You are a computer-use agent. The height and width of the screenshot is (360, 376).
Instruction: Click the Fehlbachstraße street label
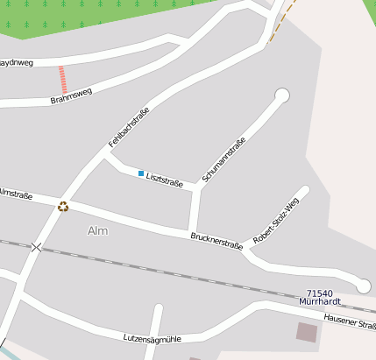(x=129, y=126)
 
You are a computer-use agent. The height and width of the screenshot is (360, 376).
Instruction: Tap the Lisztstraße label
(x=165, y=180)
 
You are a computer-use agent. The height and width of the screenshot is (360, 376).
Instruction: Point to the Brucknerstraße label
(x=216, y=241)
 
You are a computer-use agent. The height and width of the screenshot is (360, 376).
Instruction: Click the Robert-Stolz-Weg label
(x=275, y=220)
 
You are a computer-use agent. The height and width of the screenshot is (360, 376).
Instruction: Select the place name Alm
(x=98, y=230)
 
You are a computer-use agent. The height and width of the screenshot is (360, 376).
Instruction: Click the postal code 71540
(x=320, y=293)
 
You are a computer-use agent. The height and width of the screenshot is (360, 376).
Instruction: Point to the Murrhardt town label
(x=319, y=302)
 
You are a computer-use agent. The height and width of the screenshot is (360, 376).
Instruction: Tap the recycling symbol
(x=63, y=207)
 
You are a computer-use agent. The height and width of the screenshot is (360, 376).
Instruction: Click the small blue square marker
(x=140, y=173)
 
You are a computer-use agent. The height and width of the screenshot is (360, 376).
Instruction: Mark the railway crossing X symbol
(x=36, y=248)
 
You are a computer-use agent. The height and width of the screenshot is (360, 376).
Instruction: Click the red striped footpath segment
(x=61, y=80)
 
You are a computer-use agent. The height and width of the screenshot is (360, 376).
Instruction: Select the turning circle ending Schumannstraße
(x=282, y=95)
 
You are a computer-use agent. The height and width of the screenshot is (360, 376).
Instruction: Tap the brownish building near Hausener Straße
(x=307, y=332)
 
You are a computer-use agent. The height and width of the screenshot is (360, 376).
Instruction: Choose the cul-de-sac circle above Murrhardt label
(x=363, y=286)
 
